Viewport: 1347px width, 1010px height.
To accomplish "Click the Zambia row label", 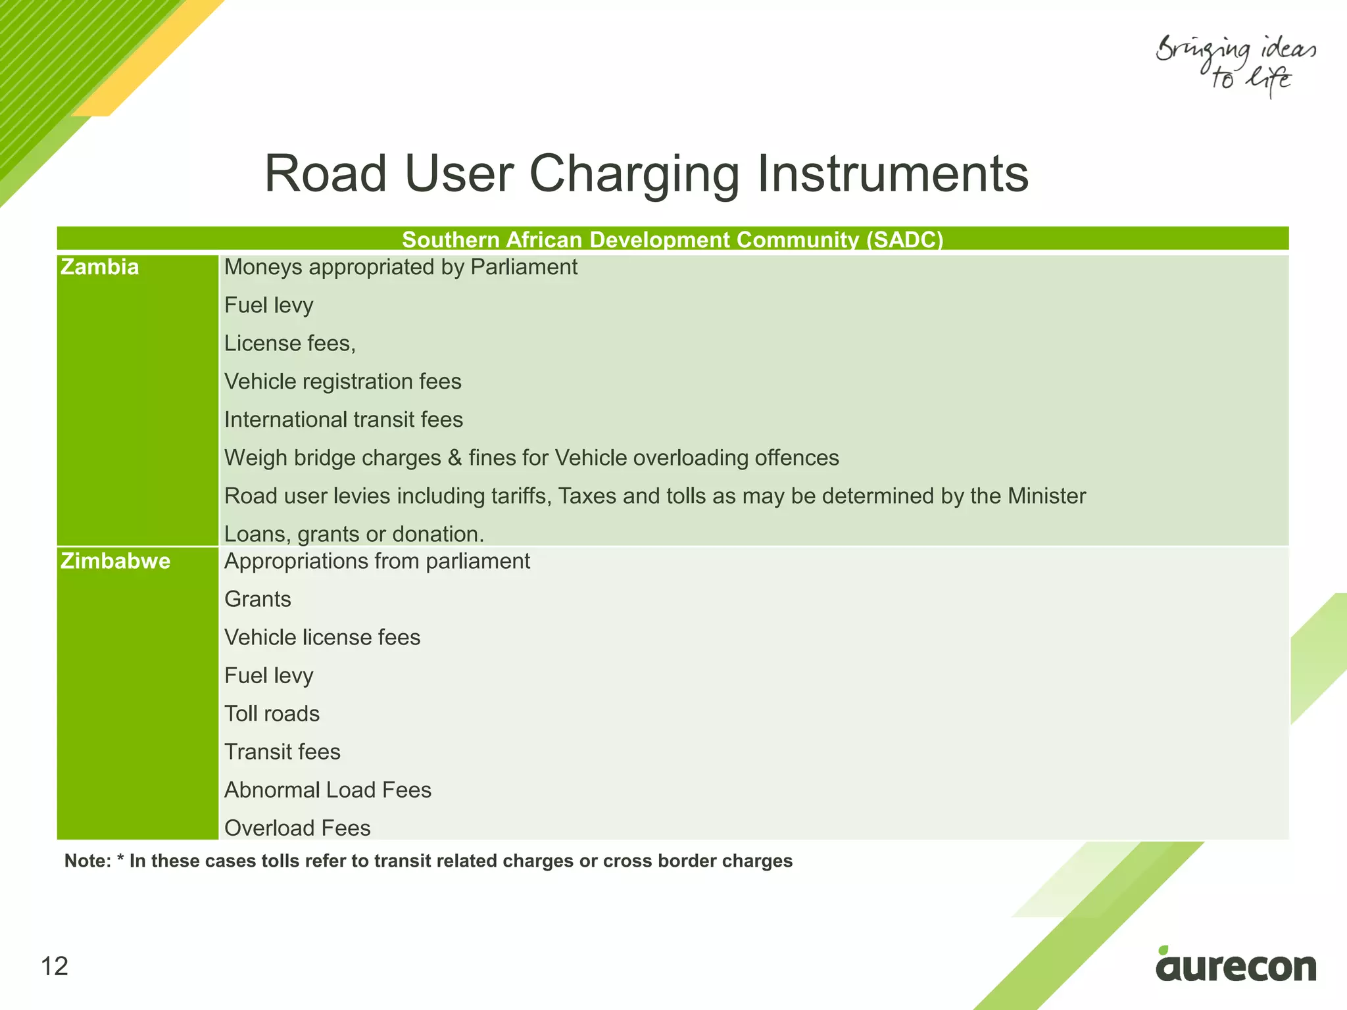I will [x=100, y=268].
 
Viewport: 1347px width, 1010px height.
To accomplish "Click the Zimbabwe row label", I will [x=116, y=562].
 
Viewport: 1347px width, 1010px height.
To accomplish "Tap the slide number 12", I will [x=55, y=967].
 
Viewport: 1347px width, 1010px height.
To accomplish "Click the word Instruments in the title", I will [x=893, y=174].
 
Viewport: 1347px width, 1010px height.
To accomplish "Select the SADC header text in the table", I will [x=672, y=239].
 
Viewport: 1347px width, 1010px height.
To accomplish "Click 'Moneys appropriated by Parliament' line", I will [x=401, y=268].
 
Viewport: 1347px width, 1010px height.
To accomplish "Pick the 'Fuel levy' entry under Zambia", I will [x=269, y=306].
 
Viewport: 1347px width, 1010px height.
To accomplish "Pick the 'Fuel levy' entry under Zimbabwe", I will [x=269, y=676].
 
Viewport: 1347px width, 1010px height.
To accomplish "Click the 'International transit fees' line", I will [x=343, y=420].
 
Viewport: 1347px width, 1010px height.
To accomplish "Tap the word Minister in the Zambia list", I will [x=1046, y=496].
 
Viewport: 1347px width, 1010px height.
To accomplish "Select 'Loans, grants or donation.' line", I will [x=354, y=534].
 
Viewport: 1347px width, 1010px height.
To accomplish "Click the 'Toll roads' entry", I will [x=272, y=714].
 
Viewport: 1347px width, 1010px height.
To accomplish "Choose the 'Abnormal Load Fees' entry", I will [x=328, y=790].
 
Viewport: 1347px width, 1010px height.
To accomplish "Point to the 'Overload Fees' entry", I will [x=297, y=829].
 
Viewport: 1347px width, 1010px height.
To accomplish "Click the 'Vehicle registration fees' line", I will [x=343, y=382].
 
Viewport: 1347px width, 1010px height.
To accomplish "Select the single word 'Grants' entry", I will [x=258, y=600].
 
